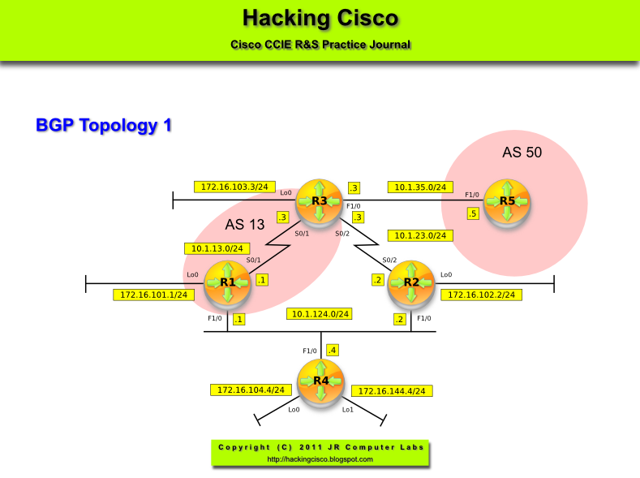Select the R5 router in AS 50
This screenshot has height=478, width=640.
(x=507, y=200)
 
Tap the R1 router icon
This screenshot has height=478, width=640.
(x=227, y=282)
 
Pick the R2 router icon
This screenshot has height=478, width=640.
(x=411, y=282)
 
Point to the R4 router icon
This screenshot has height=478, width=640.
(x=321, y=380)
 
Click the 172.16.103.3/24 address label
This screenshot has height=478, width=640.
(x=234, y=187)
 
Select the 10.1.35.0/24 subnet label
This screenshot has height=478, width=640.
(x=419, y=187)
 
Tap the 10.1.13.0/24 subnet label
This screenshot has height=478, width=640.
(x=217, y=248)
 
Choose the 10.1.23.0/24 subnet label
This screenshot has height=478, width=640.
(x=419, y=235)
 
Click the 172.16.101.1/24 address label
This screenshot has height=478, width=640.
(x=152, y=295)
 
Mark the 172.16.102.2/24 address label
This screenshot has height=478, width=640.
(x=480, y=295)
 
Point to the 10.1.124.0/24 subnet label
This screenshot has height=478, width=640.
(x=320, y=313)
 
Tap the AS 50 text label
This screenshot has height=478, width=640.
(x=522, y=152)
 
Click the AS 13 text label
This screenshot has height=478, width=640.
(x=245, y=225)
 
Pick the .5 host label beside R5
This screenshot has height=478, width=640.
(x=473, y=214)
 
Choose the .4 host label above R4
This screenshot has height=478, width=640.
(x=332, y=351)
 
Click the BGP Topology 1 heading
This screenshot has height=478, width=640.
(x=104, y=126)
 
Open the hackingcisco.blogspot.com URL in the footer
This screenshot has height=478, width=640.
(x=320, y=459)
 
